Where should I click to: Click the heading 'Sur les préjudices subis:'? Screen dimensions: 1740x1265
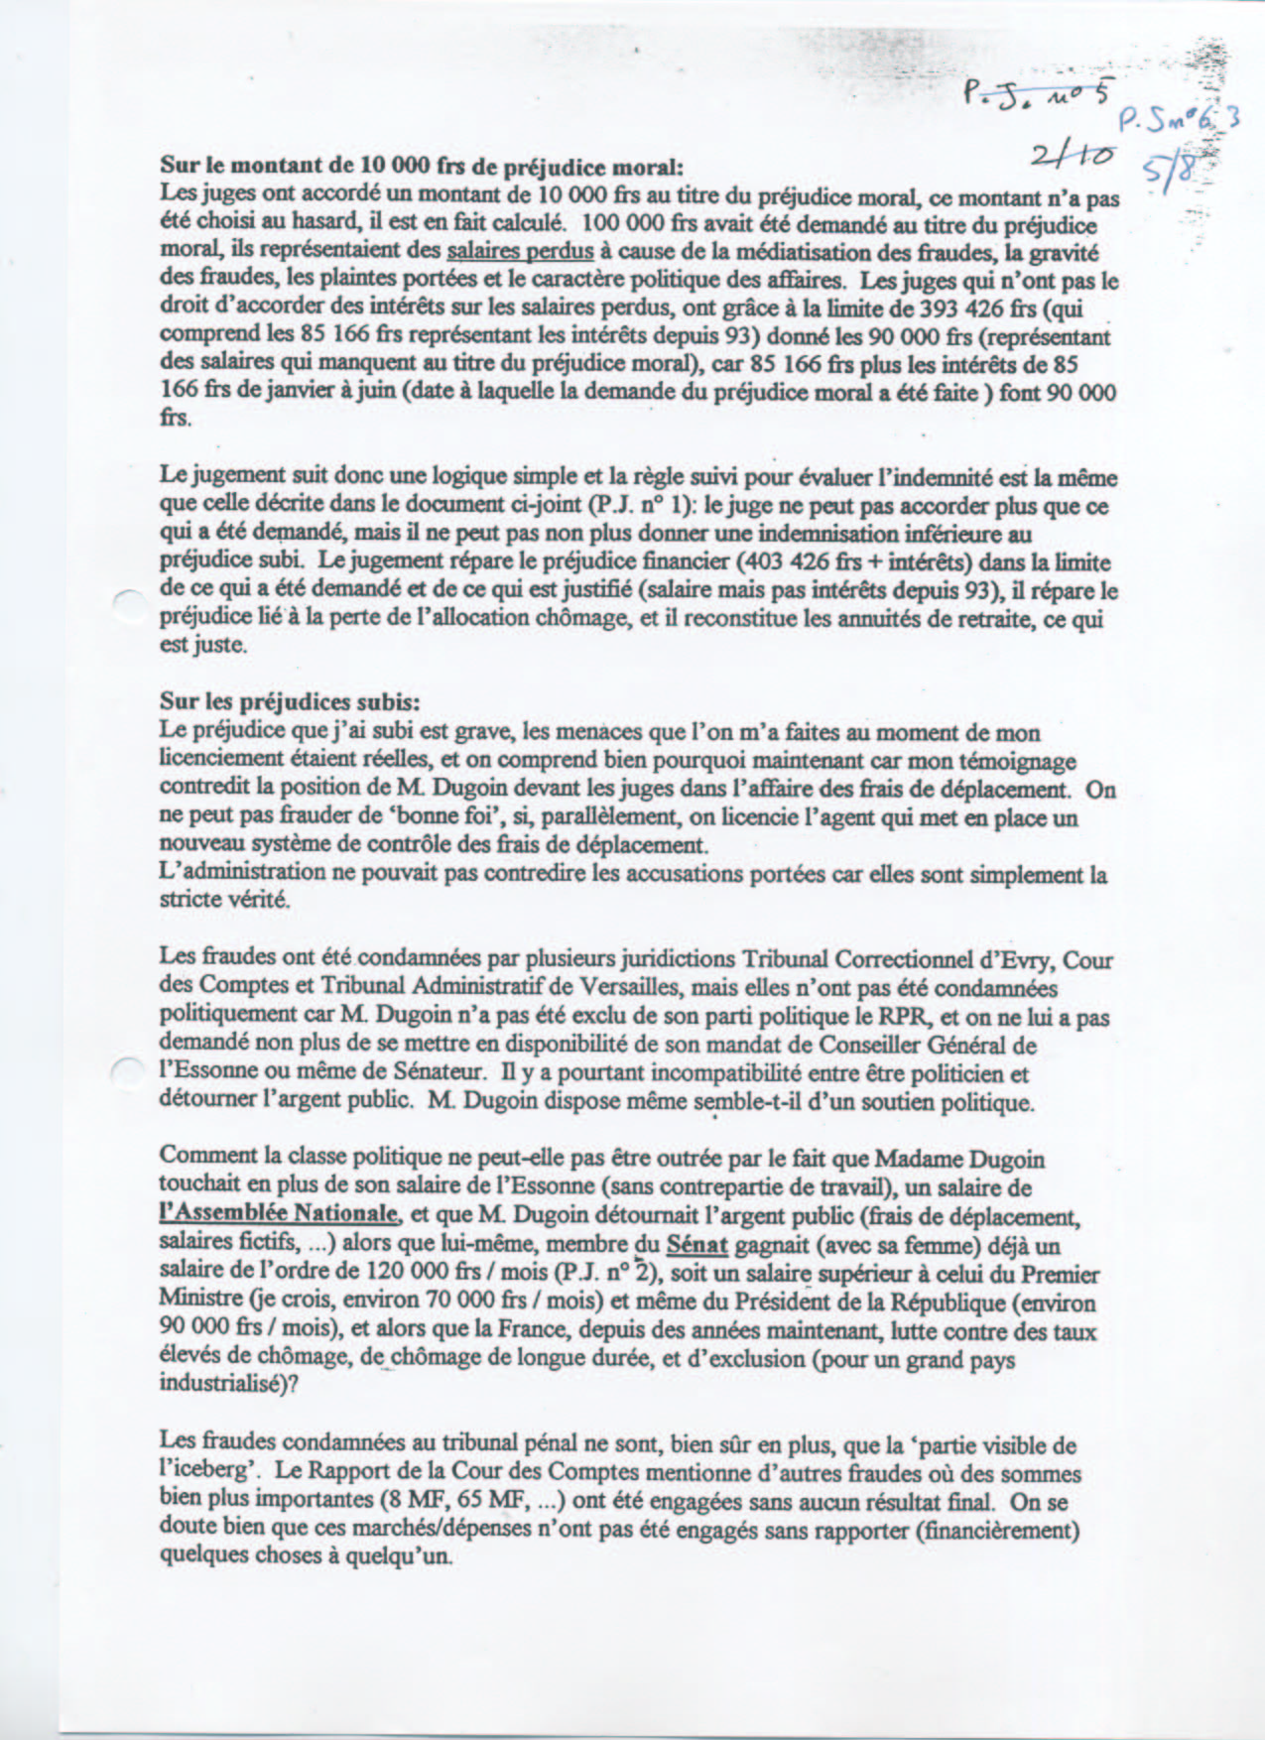point(290,702)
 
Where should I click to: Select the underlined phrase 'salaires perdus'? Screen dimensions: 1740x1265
point(521,253)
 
